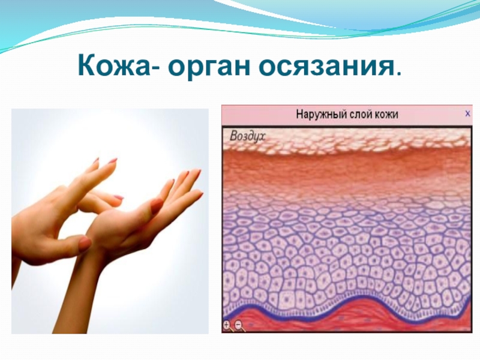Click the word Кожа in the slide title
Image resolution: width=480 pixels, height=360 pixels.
(115, 66)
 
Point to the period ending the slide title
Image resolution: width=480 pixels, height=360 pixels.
(397, 74)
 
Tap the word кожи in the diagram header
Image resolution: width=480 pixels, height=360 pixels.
(386, 115)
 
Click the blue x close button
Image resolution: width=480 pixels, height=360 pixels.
(467, 113)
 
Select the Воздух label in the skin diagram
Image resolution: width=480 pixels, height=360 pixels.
(247, 136)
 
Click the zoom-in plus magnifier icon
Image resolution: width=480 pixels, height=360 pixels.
(227, 325)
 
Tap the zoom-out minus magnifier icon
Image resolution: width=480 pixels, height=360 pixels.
(239, 325)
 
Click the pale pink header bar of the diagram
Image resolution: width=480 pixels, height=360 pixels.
(347, 115)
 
